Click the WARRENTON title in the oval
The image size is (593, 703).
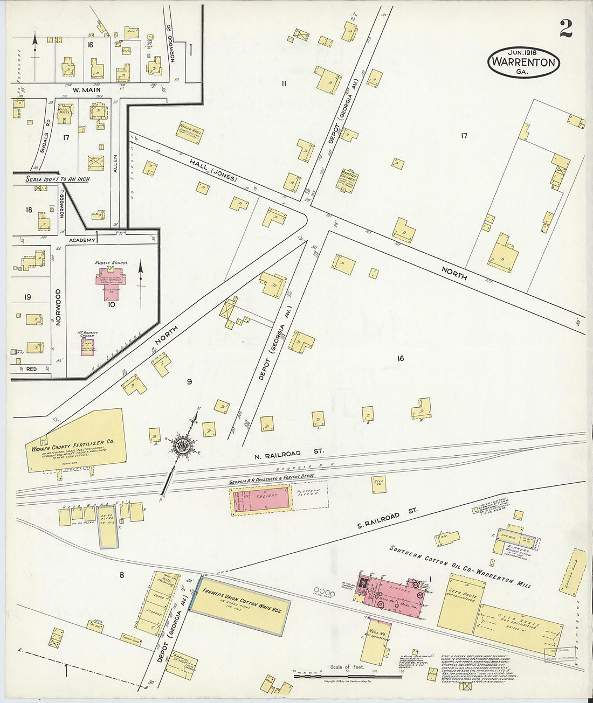click(x=523, y=62)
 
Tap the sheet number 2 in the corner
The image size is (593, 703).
click(x=566, y=29)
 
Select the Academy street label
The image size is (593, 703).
click(x=82, y=240)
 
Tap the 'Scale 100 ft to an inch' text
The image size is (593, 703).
click(x=58, y=179)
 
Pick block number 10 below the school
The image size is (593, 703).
click(x=112, y=304)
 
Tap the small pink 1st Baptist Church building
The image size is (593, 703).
click(x=87, y=345)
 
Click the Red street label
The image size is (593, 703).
click(x=31, y=369)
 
